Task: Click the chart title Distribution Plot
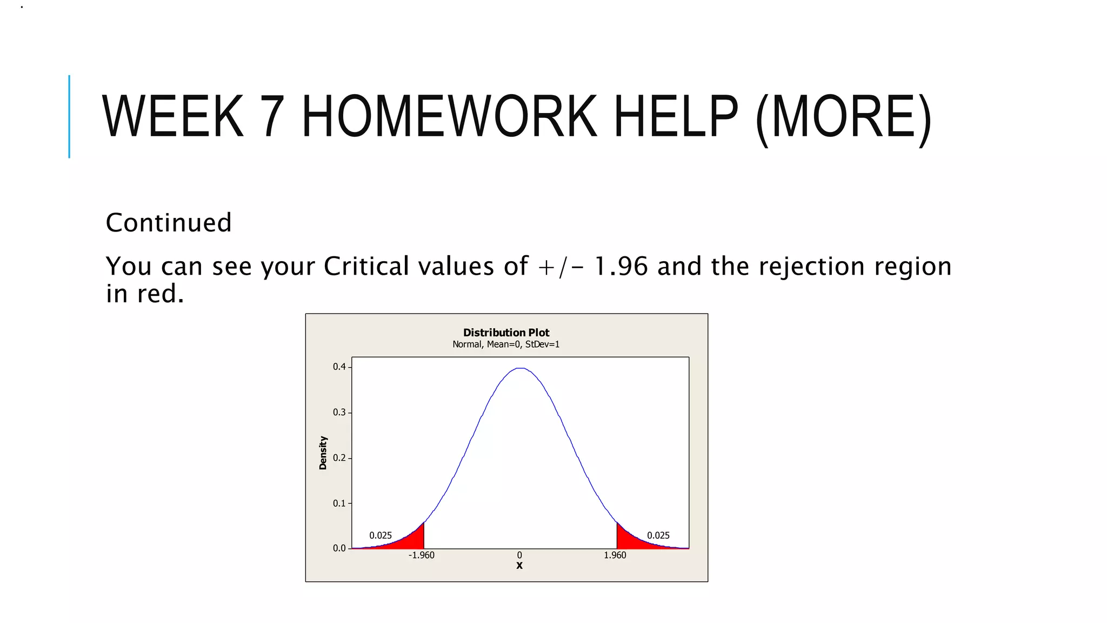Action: point(506,333)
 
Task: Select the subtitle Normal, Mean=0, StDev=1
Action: point(506,344)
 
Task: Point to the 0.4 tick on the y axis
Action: point(339,367)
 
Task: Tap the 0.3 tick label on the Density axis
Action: point(339,413)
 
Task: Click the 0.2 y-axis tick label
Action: point(339,458)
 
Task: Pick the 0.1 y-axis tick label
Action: point(339,503)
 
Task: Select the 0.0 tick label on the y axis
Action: point(339,548)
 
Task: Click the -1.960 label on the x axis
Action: point(421,555)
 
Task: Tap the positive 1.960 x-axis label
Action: point(615,555)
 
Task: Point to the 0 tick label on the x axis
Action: point(519,555)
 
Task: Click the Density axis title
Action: point(323,453)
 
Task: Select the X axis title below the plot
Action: point(519,566)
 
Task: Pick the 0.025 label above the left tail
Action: point(381,535)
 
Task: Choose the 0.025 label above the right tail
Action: point(658,535)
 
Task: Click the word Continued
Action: point(169,223)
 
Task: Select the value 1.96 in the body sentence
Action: point(621,266)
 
